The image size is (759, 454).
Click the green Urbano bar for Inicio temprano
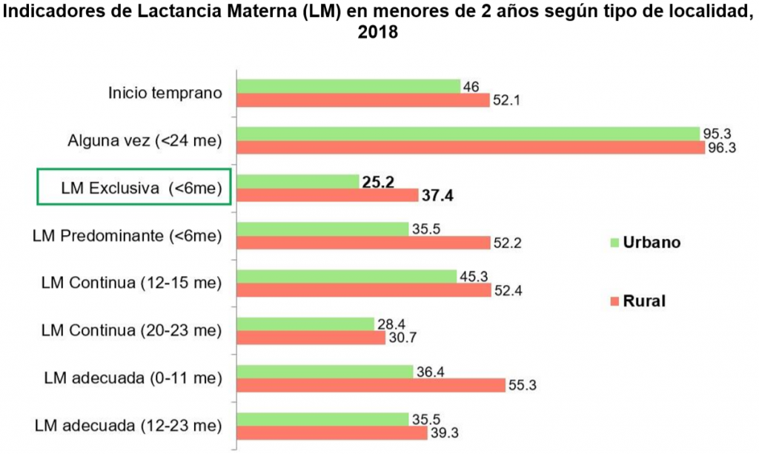click(348, 87)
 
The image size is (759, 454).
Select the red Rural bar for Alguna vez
click(470, 148)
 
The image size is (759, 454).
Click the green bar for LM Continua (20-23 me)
click(305, 323)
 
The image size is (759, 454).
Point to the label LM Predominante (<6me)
click(128, 236)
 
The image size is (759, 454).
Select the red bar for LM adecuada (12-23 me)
click(331, 432)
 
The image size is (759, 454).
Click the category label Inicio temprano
click(165, 93)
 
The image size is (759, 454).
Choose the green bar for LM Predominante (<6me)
click(322, 228)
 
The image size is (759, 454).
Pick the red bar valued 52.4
click(363, 290)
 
